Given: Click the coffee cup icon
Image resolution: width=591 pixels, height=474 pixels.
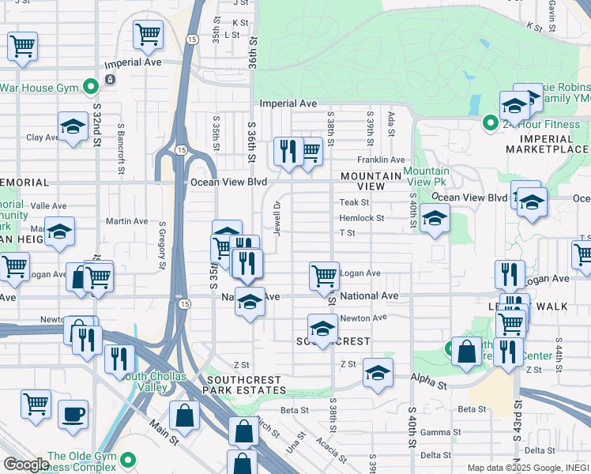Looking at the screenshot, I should (73, 414).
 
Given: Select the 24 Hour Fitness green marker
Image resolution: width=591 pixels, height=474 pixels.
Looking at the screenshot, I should (489, 123).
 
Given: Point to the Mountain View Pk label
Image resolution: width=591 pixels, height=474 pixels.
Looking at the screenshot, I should (426, 177).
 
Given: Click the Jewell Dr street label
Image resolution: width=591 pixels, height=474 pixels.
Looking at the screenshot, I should (277, 216).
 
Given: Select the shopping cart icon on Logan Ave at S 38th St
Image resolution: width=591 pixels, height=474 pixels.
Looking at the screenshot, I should (324, 275).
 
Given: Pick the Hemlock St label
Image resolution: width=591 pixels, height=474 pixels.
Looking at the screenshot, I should (361, 218).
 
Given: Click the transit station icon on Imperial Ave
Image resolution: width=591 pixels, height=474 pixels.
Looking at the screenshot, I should (110, 80).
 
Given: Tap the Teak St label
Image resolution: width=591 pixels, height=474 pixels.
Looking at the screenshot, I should (354, 203).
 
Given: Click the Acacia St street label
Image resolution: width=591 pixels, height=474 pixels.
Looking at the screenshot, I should (331, 450).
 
